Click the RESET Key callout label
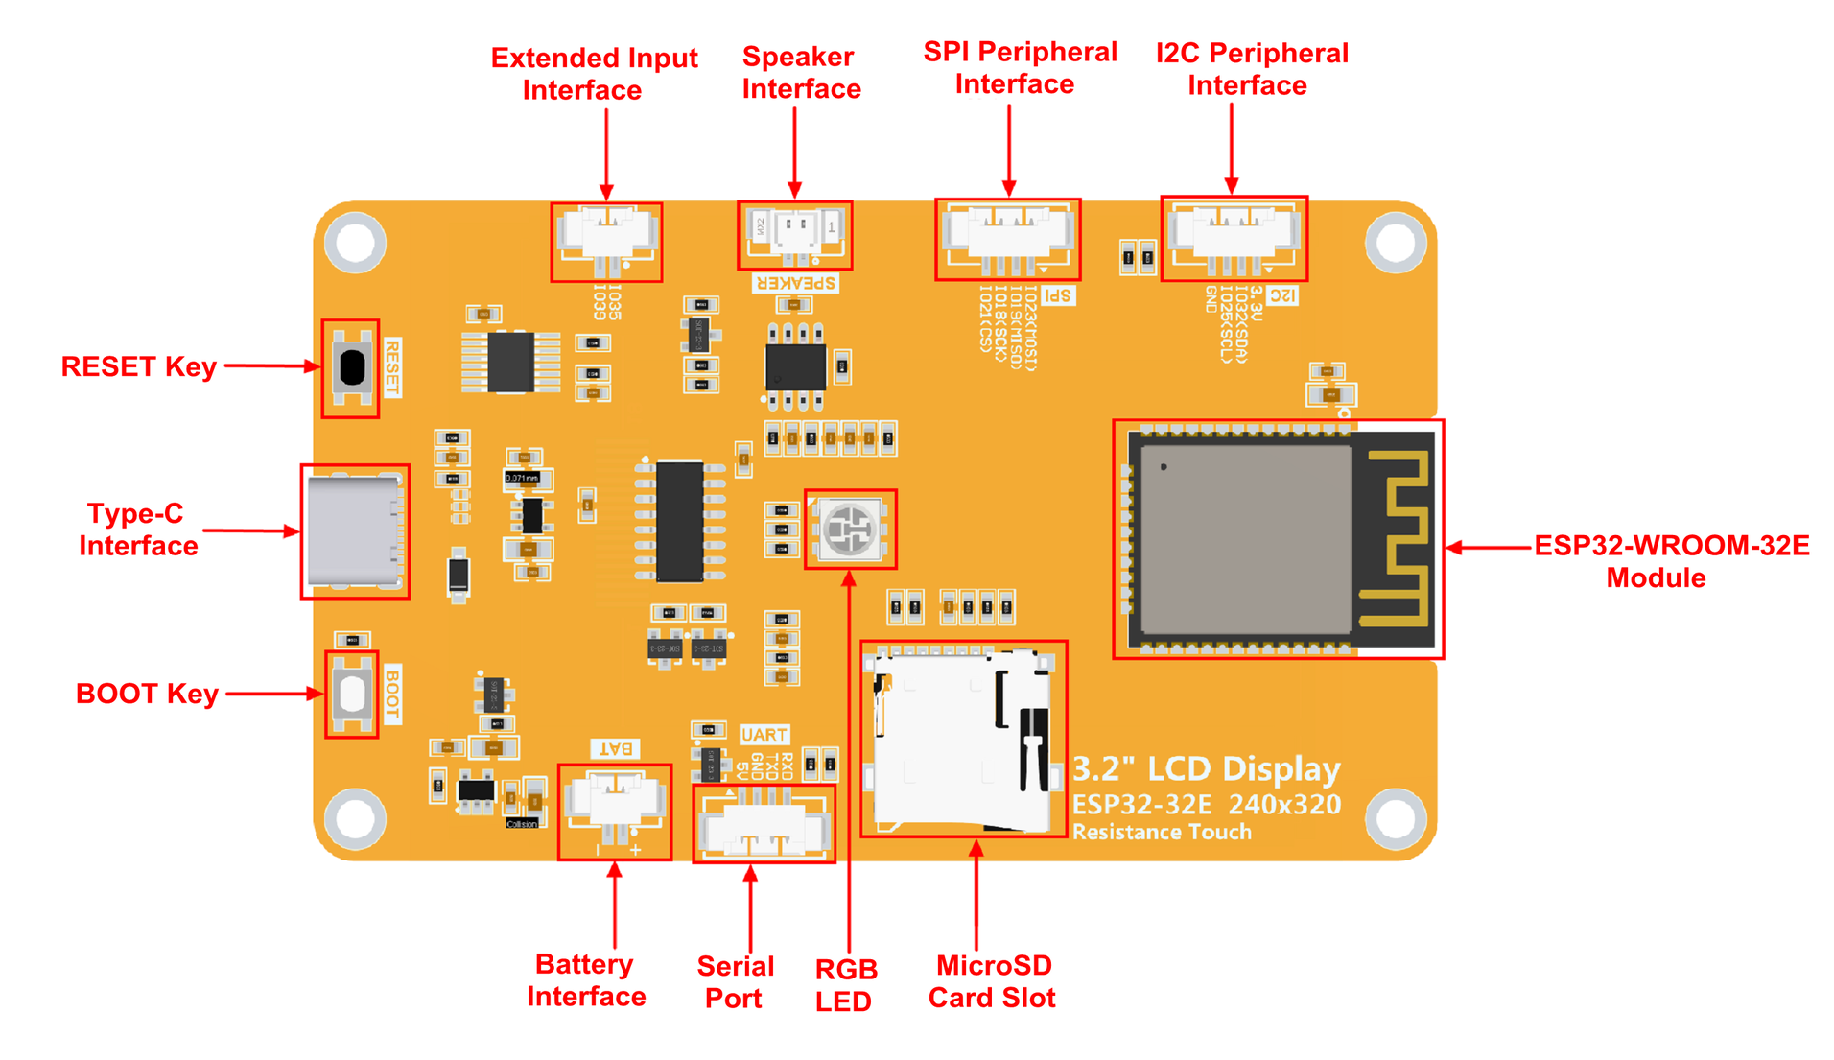click(x=138, y=366)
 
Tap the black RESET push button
click(x=352, y=366)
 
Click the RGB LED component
click(x=849, y=529)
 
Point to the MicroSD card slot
click(x=962, y=739)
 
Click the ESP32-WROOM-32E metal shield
click(x=1244, y=539)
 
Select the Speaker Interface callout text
click(x=800, y=73)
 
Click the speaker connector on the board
click(x=795, y=234)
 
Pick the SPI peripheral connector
click(x=1007, y=236)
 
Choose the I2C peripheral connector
click(x=1234, y=236)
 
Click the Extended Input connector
click(x=606, y=238)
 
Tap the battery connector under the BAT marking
click(x=614, y=804)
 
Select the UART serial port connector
click(x=764, y=823)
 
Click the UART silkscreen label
click(x=764, y=735)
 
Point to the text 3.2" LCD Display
click(x=1205, y=769)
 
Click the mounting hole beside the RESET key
click(x=355, y=243)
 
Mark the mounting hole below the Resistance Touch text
click(x=1395, y=818)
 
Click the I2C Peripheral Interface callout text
click(x=1251, y=69)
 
